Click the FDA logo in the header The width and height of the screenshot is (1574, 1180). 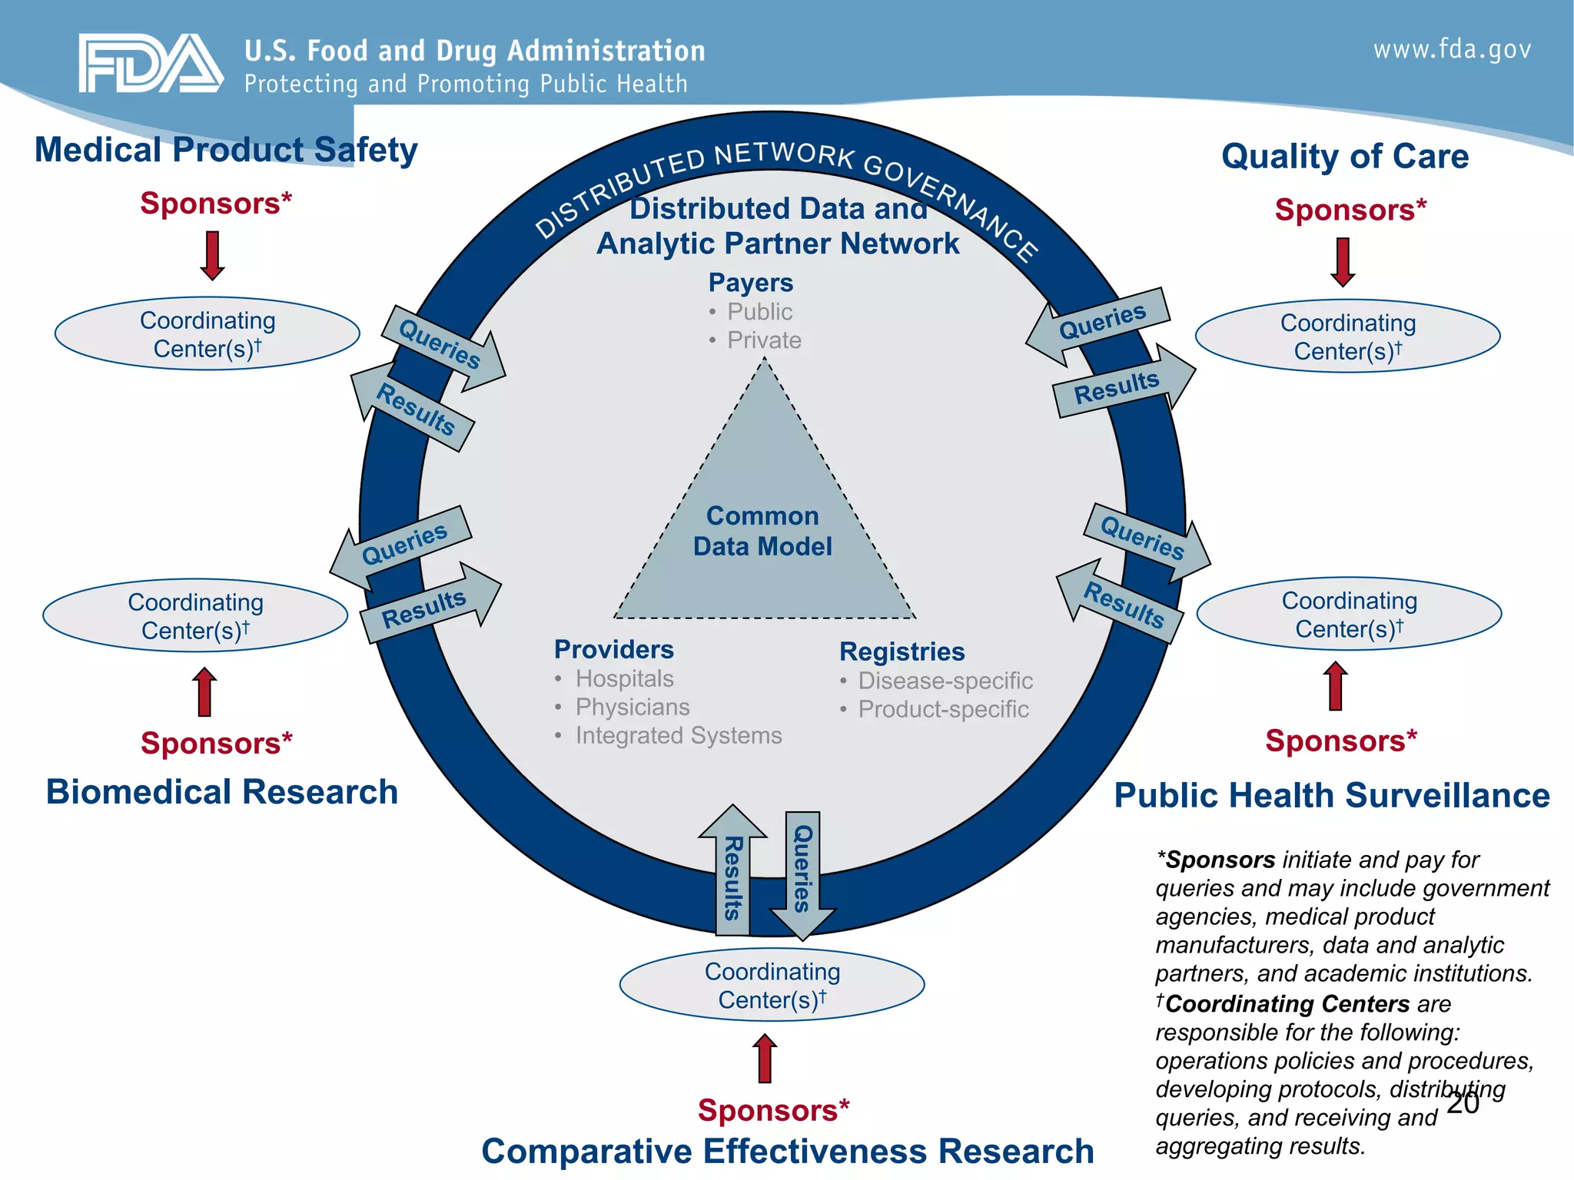[151, 64]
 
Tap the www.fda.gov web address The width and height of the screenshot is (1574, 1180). [1452, 50]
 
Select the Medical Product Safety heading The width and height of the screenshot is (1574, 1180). [226, 150]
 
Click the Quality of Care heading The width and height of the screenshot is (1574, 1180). [1345, 156]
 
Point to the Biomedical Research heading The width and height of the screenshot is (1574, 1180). [222, 792]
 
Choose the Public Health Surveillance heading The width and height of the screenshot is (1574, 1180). [1332, 795]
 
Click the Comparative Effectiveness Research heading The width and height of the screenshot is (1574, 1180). [787, 1151]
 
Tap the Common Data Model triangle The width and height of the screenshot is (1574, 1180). [763, 530]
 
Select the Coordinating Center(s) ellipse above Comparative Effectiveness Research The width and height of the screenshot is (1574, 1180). [772, 986]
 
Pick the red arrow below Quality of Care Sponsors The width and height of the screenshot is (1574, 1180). [1343, 262]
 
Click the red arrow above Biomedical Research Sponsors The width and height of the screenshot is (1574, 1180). [204, 691]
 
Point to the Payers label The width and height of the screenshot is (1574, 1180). [750, 283]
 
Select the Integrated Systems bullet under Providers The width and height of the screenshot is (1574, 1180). [678, 736]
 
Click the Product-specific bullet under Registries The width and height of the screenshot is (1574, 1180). [943, 709]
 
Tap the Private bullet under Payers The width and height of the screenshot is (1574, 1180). [764, 340]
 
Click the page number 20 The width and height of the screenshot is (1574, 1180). [1463, 1102]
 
